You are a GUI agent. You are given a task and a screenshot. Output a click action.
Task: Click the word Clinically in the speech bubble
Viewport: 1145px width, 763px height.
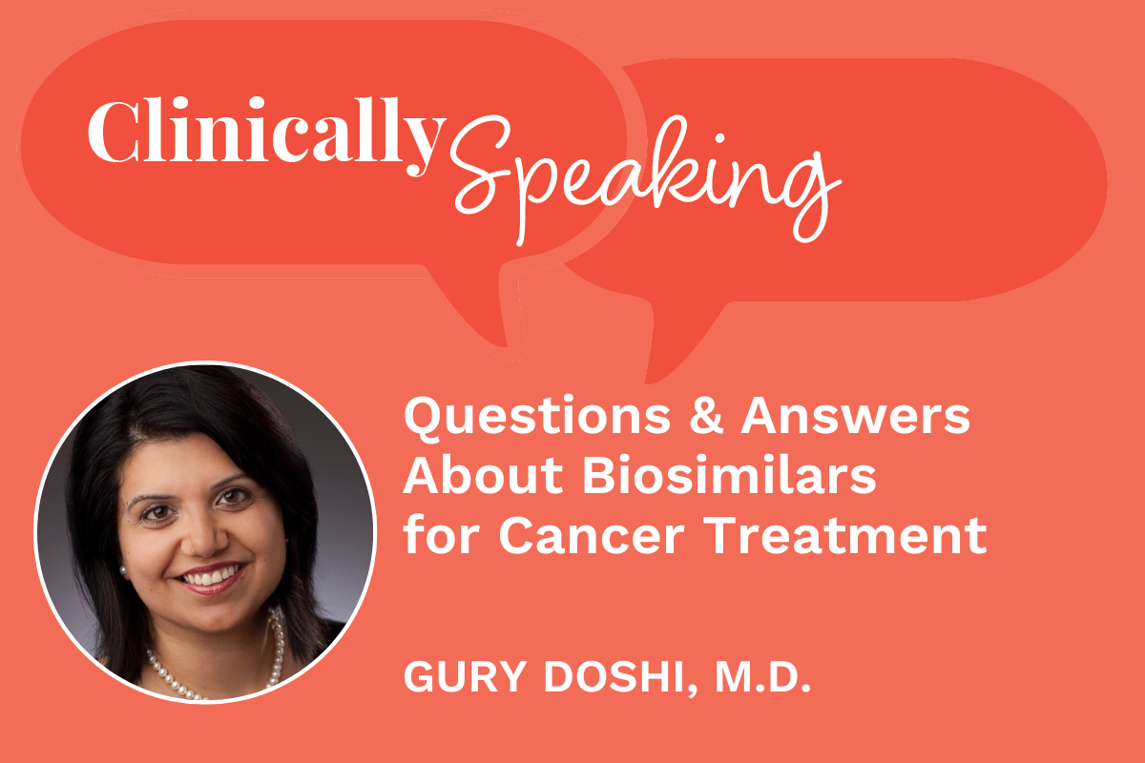pos(265,135)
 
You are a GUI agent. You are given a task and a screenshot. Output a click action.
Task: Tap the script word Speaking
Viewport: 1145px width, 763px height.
pos(639,176)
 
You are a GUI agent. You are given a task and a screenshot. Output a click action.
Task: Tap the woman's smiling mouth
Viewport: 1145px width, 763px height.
pos(213,579)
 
